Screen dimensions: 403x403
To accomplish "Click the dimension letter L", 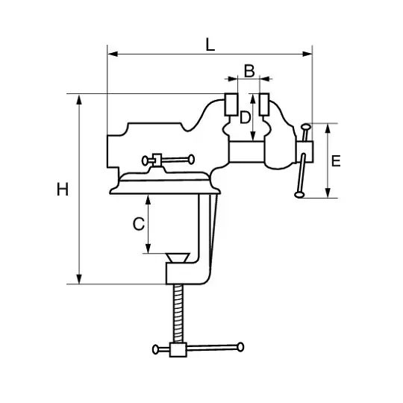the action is click(x=210, y=45).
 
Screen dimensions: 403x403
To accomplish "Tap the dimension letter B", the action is click(x=249, y=71).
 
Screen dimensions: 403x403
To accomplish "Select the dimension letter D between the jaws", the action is click(x=245, y=118).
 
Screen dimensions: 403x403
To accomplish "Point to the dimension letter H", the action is click(x=63, y=190).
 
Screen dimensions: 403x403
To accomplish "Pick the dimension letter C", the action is click(x=139, y=224).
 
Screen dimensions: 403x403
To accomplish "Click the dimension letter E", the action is click(x=336, y=161).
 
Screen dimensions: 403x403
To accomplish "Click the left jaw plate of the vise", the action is click(x=231, y=104).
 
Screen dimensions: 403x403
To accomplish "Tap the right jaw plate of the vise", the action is click(x=264, y=104).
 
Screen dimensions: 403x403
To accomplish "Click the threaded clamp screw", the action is click(x=179, y=313).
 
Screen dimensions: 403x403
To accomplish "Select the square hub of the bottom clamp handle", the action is click(x=178, y=350).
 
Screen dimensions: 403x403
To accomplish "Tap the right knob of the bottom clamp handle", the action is click(x=240, y=347).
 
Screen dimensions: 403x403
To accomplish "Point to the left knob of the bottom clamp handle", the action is click(x=155, y=349).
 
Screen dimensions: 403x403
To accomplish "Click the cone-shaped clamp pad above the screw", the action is click(x=178, y=257).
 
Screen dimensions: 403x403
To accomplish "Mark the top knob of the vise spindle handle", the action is click(x=306, y=127).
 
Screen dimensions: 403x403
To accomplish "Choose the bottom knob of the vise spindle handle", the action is click(x=299, y=195).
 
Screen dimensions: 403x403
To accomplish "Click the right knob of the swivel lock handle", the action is click(x=192, y=160).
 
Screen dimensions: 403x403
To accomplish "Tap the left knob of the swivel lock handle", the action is click(x=145, y=160).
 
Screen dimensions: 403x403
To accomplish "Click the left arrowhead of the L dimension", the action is click(x=113, y=54).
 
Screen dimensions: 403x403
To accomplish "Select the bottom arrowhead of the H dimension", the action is click(x=79, y=279).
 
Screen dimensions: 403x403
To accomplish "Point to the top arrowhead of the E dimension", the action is click(x=328, y=128).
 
